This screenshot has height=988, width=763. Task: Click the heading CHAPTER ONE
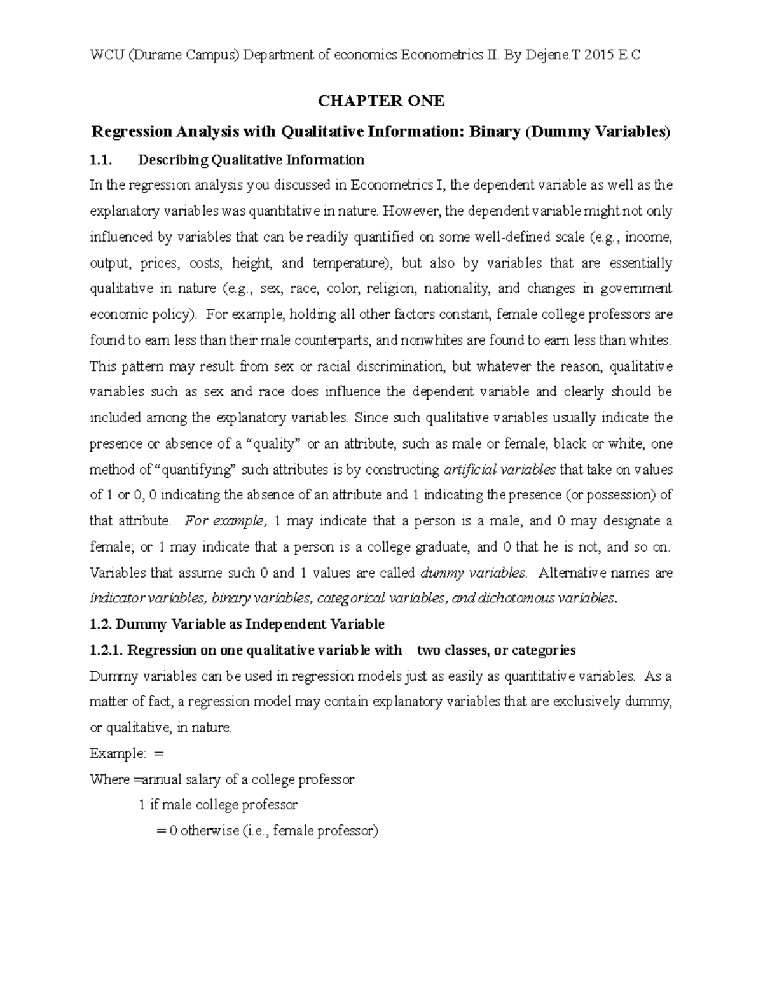pyautogui.click(x=381, y=101)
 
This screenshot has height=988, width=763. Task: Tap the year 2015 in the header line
pyautogui.click(x=598, y=55)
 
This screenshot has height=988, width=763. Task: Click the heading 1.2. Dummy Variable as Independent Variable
pyautogui.click(x=237, y=624)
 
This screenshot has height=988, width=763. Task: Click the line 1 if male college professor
pyautogui.click(x=218, y=805)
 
